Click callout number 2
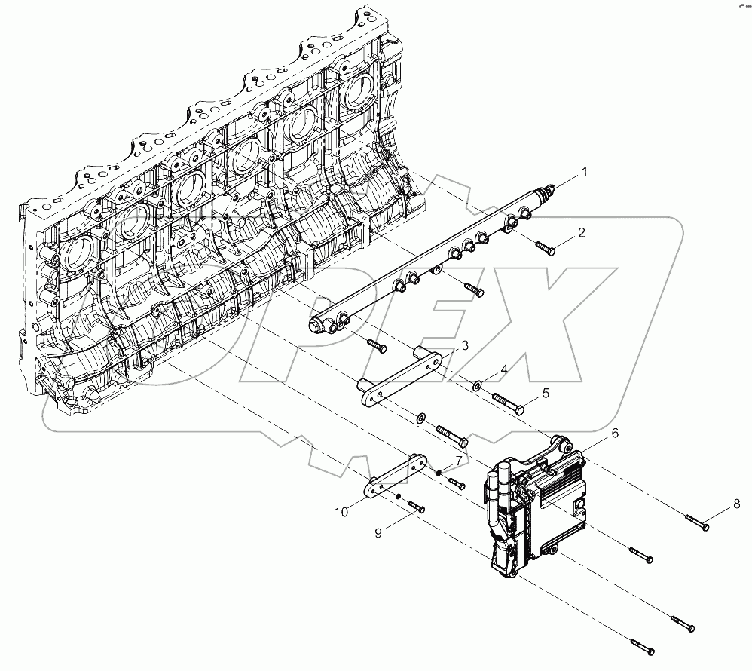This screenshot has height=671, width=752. click(581, 233)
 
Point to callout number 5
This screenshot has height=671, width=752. click(546, 393)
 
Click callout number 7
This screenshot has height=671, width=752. click(458, 461)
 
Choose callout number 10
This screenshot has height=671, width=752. click(341, 512)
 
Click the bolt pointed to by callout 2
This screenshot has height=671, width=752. click(546, 247)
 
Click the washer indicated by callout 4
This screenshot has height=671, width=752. click(478, 386)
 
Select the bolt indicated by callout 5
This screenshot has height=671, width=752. click(511, 402)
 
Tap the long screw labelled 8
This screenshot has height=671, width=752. click(697, 522)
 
